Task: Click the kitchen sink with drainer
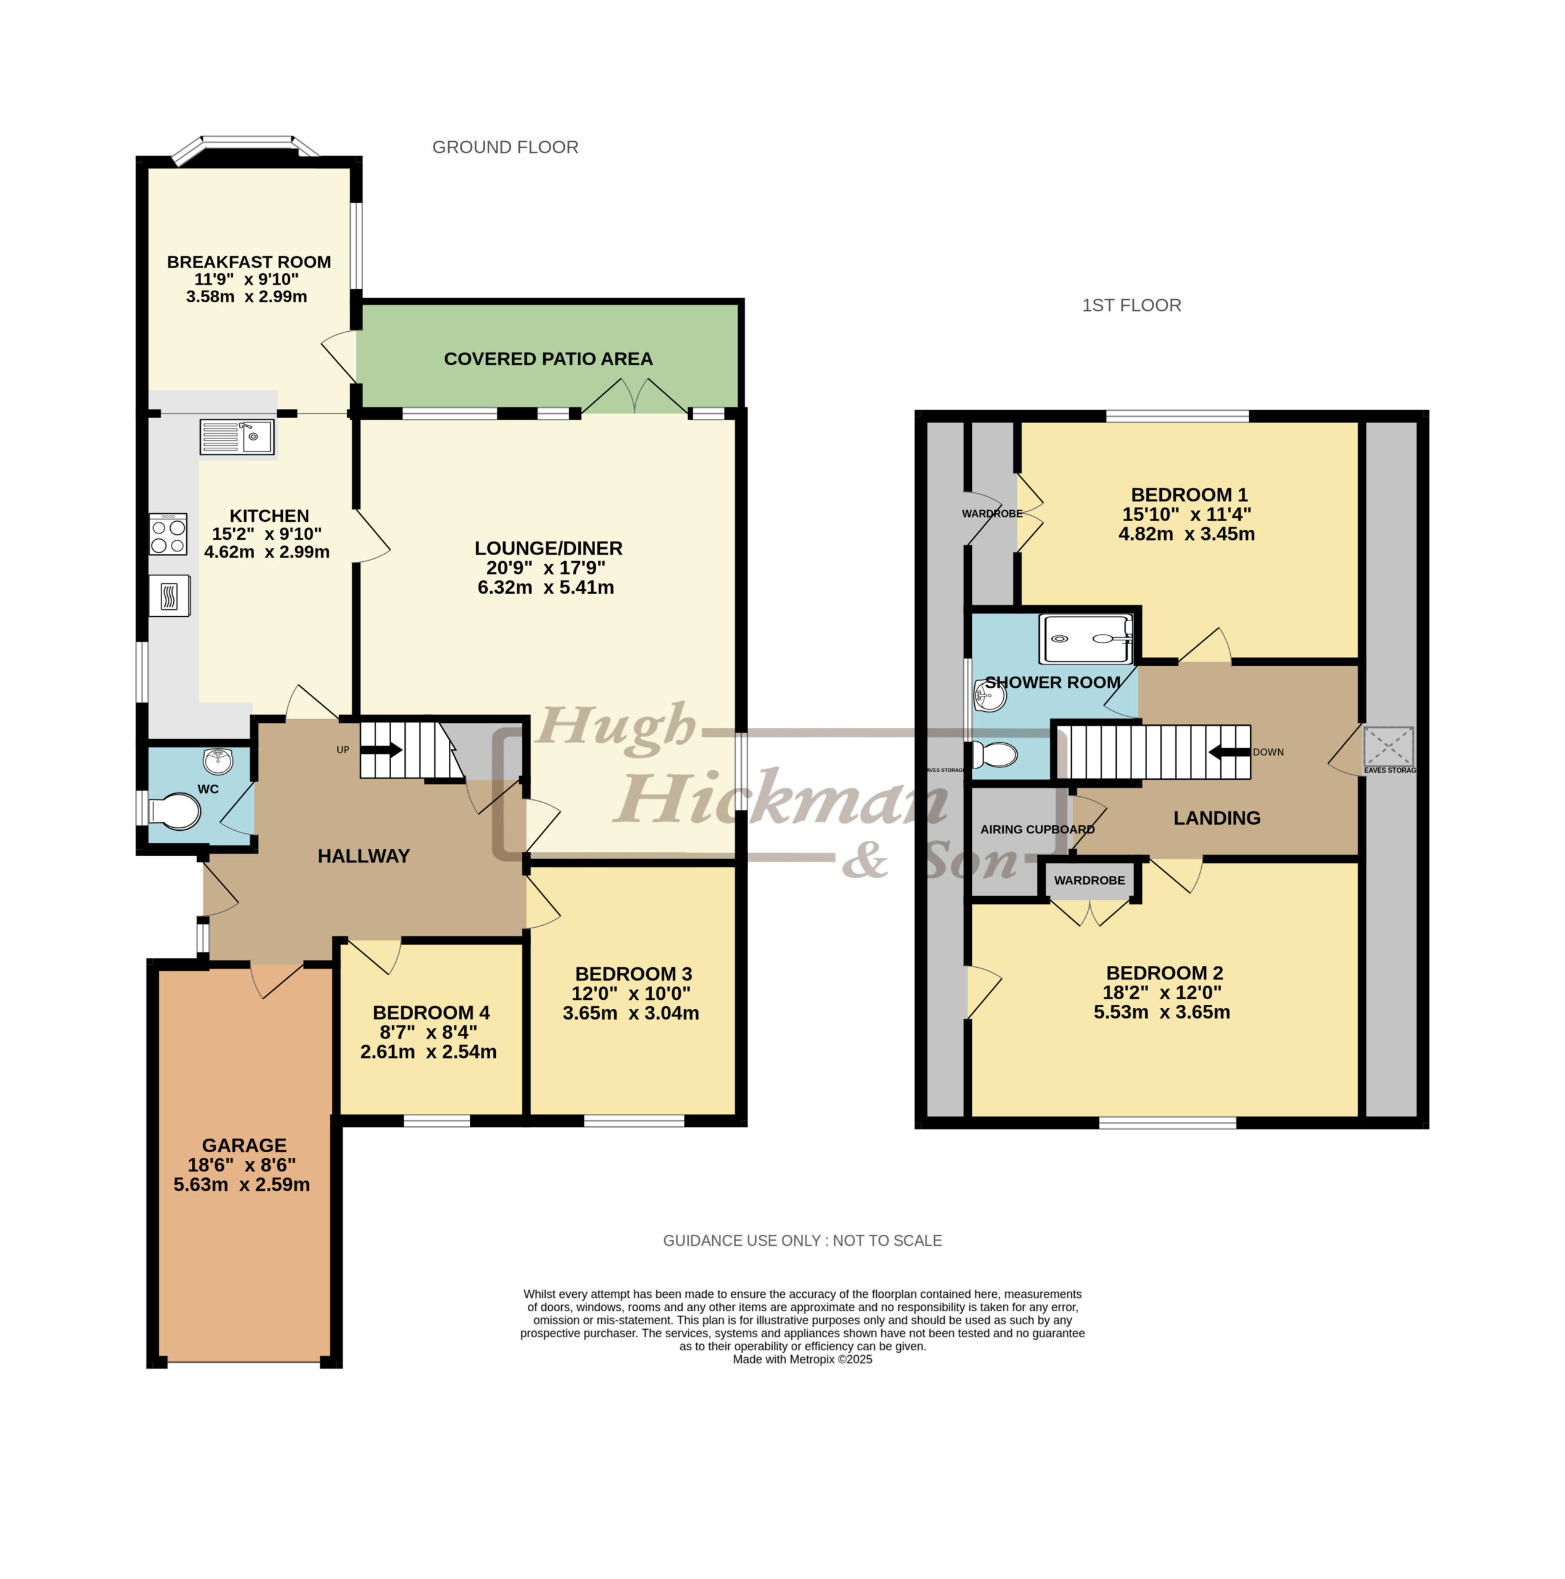coord(237,437)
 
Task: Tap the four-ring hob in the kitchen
coord(168,534)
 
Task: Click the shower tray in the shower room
coord(1086,639)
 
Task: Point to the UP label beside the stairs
coord(343,749)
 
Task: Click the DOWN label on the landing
coord(1268,752)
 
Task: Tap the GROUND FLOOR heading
coord(505,147)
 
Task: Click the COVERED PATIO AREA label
coord(548,359)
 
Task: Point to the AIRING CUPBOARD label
coord(1037,830)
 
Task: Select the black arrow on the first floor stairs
coord(1229,751)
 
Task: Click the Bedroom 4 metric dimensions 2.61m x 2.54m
coord(428,1052)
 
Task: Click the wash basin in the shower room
coord(989,696)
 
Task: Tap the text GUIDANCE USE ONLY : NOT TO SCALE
coord(802,1240)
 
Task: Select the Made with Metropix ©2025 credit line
coord(802,1359)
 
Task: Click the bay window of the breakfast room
coord(247,148)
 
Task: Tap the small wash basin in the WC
coord(218,761)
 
